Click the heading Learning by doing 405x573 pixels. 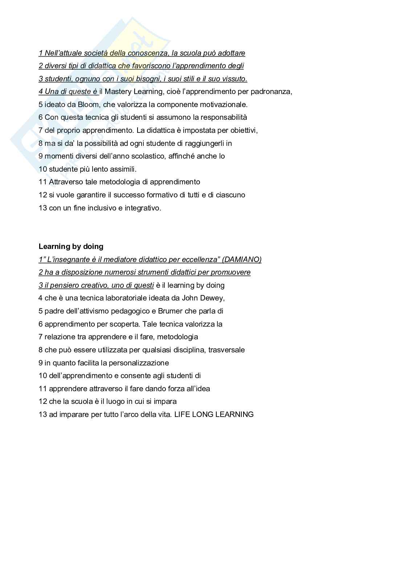click(71, 246)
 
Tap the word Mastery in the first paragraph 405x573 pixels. click(118, 91)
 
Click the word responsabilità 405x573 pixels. click(224, 117)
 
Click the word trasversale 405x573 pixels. click(226, 350)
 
